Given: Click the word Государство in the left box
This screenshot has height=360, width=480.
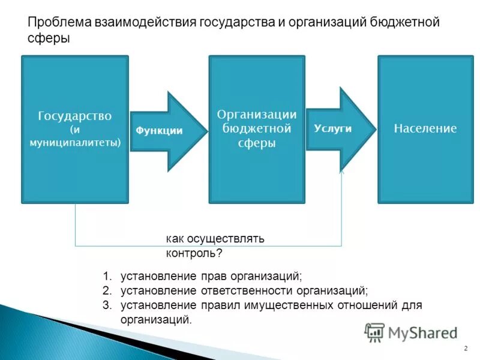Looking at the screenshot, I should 75,116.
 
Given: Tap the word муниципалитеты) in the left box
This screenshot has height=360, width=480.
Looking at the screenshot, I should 75,143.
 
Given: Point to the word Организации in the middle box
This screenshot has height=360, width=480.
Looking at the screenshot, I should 257,114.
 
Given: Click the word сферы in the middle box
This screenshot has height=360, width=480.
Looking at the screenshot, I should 257,143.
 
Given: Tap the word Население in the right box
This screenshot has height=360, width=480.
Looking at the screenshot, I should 425,128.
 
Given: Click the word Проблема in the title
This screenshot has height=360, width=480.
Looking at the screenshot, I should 59,23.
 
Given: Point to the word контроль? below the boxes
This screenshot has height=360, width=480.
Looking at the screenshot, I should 194,253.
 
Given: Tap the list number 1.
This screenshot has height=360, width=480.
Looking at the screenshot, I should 106,277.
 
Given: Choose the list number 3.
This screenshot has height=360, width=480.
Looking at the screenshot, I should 106,305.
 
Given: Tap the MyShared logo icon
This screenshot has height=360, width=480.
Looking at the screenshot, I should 375,332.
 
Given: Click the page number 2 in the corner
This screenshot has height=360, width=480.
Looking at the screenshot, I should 466,349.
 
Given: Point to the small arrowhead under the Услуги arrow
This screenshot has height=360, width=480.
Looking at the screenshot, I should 342,172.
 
